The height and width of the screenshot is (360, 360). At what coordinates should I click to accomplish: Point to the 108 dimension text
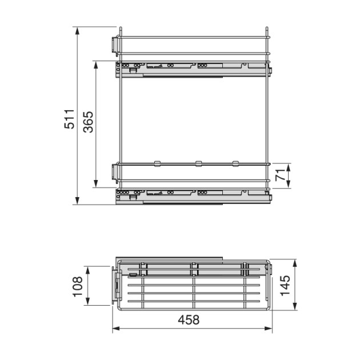click(78, 286)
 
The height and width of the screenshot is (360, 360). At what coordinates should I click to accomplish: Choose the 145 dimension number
click(286, 286)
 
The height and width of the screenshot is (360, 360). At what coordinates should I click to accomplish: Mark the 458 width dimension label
click(188, 320)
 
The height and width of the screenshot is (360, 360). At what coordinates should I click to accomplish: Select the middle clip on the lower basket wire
click(197, 164)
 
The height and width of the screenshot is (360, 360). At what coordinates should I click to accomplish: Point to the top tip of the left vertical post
click(121, 27)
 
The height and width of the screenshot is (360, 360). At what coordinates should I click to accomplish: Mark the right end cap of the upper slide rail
click(269, 70)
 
